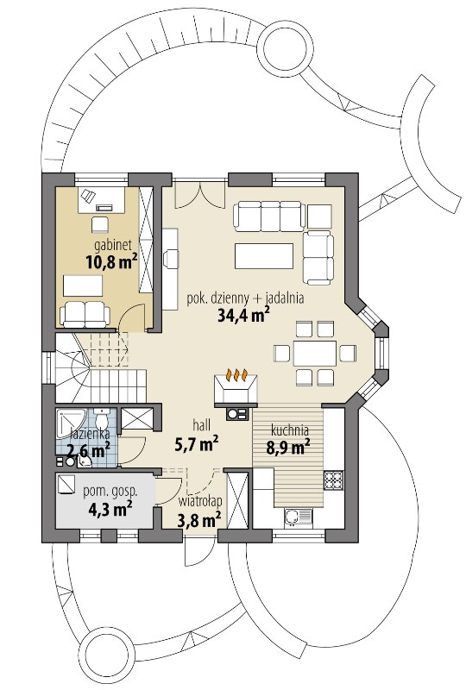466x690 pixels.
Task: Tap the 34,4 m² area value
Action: click(x=243, y=315)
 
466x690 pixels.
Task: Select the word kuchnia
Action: click(x=289, y=430)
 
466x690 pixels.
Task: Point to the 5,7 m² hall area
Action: click(x=198, y=445)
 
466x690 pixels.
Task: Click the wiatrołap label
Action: click(x=200, y=501)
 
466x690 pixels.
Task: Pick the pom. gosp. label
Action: click(x=110, y=492)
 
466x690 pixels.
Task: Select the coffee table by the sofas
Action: click(x=264, y=255)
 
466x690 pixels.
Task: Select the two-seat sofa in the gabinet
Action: click(x=85, y=314)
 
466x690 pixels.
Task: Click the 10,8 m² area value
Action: click(x=111, y=263)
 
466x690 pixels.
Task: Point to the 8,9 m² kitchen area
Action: click(x=288, y=447)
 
